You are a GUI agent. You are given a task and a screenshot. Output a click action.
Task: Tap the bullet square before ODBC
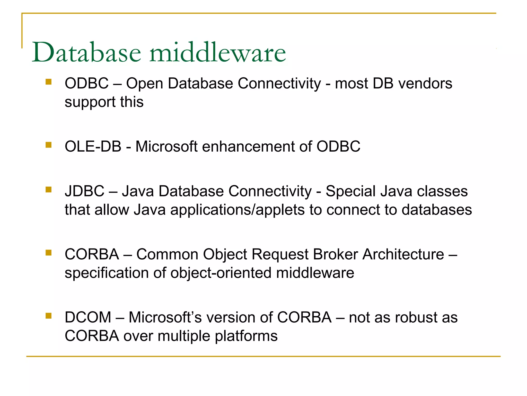(x=48, y=82)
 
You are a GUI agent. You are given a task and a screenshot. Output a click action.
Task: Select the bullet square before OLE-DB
(x=48, y=145)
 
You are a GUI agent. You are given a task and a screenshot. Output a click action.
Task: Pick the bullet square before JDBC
(x=48, y=190)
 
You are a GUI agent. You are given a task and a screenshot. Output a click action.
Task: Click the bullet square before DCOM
(x=48, y=316)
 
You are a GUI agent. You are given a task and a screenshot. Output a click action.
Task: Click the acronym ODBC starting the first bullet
(x=87, y=84)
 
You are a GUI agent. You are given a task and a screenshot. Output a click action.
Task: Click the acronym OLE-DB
(x=93, y=146)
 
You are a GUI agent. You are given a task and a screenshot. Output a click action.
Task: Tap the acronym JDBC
(x=85, y=191)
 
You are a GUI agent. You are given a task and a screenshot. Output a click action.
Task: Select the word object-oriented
(x=221, y=273)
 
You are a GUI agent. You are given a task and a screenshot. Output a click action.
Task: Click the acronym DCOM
(x=88, y=317)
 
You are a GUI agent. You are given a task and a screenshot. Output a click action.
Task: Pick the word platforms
(x=246, y=336)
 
